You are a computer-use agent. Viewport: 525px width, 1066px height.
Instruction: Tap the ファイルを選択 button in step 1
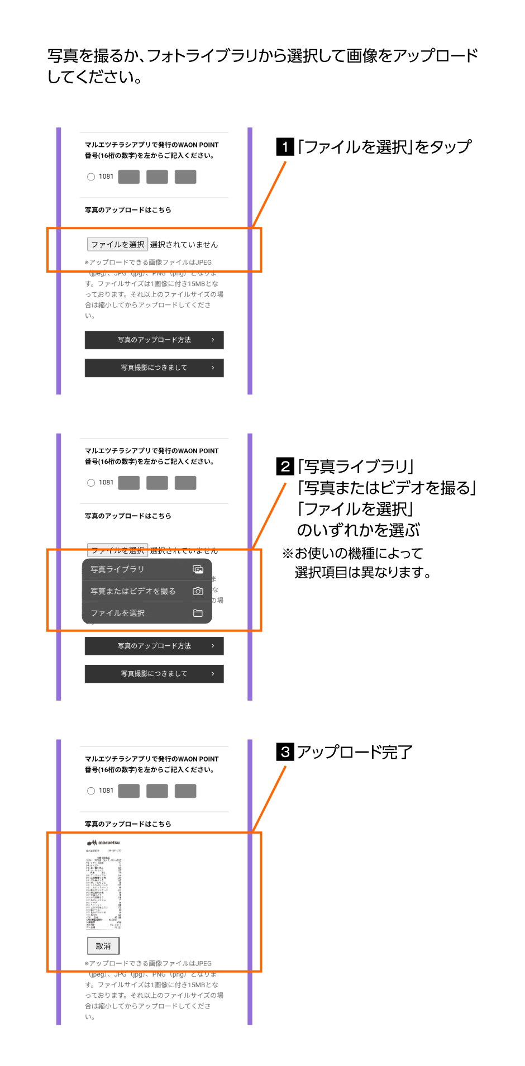pyautogui.click(x=117, y=244)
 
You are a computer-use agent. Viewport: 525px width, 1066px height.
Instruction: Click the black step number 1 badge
pyautogui.click(x=285, y=147)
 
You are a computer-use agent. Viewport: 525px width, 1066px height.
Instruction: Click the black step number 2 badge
pyautogui.click(x=285, y=467)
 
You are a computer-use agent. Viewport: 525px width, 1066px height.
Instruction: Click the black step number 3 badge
pyautogui.click(x=285, y=751)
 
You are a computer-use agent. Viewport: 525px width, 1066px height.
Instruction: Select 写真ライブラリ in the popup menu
pyautogui.click(x=118, y=569)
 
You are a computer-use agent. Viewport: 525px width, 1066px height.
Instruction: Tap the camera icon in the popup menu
pyautogui.click(x=198, y=591)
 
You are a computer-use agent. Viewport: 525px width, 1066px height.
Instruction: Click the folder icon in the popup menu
pyautogui.click(x=198, y=613)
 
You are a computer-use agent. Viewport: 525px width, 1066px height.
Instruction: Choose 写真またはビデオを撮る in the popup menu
pyautogui.click(x=133, y=591)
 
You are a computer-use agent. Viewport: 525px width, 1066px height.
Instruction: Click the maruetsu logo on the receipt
pyautogui.click(x=103, y=843)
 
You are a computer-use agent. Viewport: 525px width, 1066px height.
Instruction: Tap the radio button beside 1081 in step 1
pyautogui.click(x=91, y=177)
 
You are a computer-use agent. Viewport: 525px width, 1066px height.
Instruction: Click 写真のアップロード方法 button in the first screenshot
pyautogui.click(x=154, y=340)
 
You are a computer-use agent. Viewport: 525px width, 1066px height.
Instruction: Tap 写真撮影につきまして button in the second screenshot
pyautogui.click(x=154, y=674)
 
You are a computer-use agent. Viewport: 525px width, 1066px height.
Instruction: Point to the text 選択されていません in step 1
pyautogui.click(x=184, y=245)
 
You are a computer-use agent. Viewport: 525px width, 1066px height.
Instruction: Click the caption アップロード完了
pyautogui.click(x=355, y=752)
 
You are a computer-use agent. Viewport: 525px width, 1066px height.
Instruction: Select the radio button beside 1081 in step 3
pyautogui.click(x=91, y=791)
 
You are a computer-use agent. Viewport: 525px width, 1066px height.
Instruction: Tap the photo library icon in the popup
pyautogui.click(x=198, y=569)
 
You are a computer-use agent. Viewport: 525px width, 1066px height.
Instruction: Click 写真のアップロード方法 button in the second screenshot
pyautogui.click(x=154, y=646)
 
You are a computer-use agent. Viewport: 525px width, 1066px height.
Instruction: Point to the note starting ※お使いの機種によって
pyautogui.click(x=357, y=563)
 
